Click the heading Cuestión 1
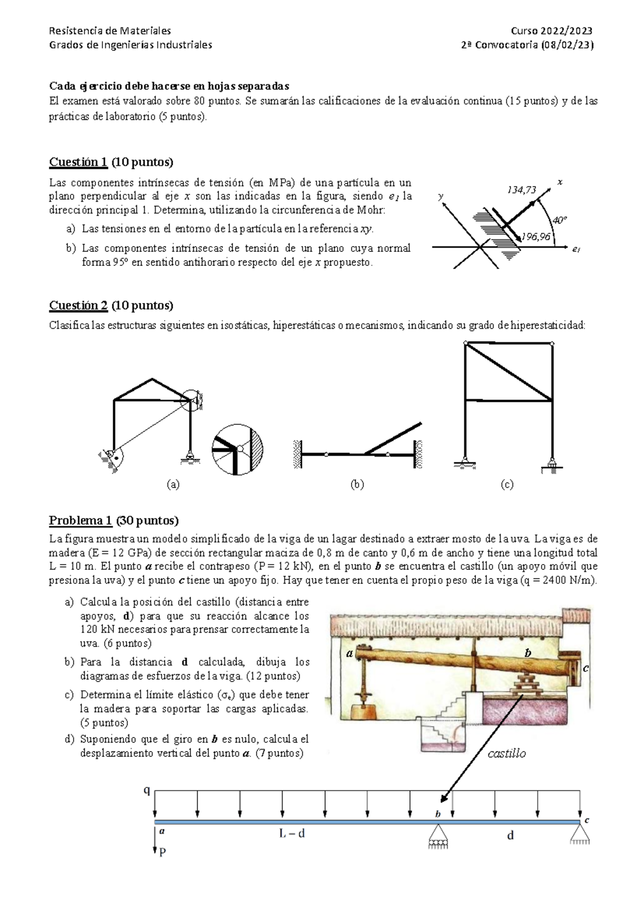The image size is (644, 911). [x=78, y=162]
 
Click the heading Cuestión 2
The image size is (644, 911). [x=78, y=306]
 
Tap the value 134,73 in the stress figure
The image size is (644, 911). [x=522, y=190]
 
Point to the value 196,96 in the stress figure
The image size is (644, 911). [x=536, y=236]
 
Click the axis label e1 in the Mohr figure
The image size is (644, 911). [x=576, y=249]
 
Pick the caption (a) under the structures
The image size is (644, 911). [x=173, y=485]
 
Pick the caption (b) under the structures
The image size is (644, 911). [x=357, y=485]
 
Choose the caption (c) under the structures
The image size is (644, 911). [x=507, y=485]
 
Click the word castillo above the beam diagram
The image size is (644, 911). [x=506, y=753]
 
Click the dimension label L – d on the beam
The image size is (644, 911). [x=291, y=834]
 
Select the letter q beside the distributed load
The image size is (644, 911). [x=146, y=790]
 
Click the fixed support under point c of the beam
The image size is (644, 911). [x=580, y=835]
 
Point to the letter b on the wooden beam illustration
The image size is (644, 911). [x=528, y=653]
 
